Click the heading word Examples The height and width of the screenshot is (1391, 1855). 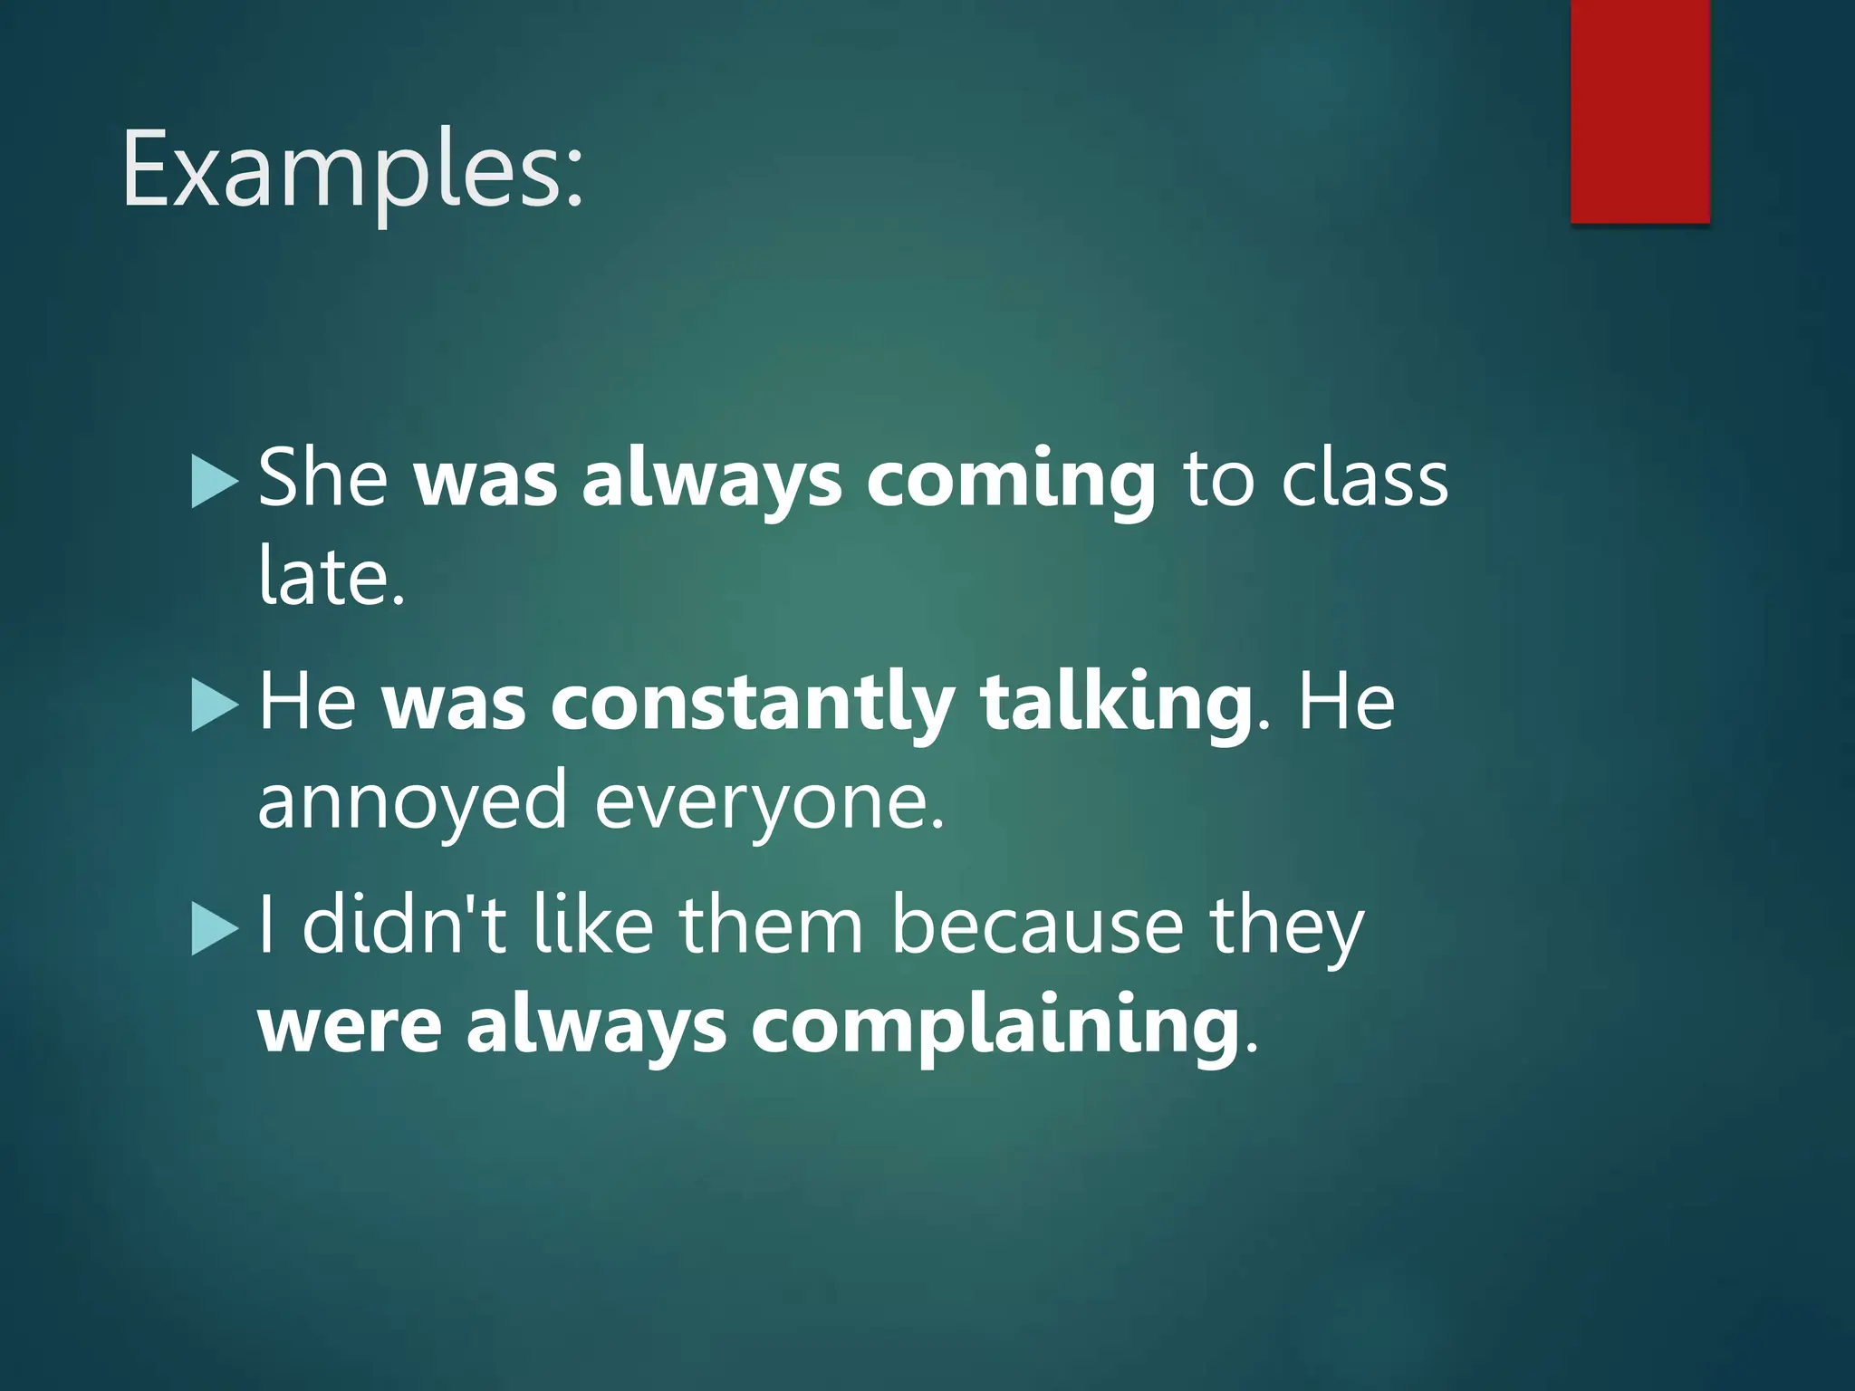click(x=352, y=170)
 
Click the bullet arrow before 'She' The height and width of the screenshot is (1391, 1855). click(x=216, y=482)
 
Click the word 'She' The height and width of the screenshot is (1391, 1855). click(x=322, y=477)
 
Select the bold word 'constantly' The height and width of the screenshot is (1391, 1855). click(x=752, y=702)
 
